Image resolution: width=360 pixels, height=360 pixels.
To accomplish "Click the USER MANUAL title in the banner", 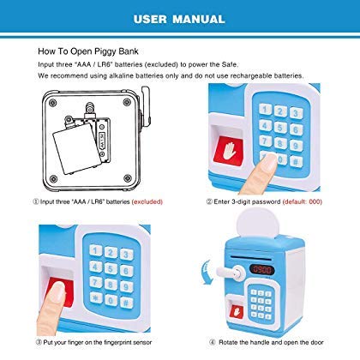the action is pos(179,19).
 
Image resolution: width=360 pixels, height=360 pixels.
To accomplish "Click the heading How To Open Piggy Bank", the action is pos(88,51).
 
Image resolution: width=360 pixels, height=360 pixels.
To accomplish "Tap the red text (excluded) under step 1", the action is pos(147,201).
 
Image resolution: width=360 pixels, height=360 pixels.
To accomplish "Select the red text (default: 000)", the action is pos(303,201).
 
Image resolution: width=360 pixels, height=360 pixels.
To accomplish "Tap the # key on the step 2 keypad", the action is pos(296,162).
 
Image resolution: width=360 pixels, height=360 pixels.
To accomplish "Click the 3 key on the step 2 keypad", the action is pos(297,113).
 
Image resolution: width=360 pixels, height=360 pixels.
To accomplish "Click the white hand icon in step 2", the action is pos(230,151).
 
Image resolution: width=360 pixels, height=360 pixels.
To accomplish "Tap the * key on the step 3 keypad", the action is pos(96,297).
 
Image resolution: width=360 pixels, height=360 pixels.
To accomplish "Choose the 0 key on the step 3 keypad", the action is pos(111,300).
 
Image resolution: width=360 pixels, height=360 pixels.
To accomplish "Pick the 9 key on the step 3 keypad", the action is pos(126,286).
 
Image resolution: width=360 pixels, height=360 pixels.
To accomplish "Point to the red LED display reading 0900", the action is pos(262,269).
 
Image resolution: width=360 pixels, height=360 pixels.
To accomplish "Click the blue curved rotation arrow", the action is pos(207,273).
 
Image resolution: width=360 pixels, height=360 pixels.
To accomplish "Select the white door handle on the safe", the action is pos(230,273).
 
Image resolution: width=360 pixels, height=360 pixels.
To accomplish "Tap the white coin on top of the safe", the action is pos(259,223).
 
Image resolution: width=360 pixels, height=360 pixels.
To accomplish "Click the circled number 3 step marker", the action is pos(39,342).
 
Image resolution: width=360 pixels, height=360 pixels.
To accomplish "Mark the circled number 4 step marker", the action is pos(213,342).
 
